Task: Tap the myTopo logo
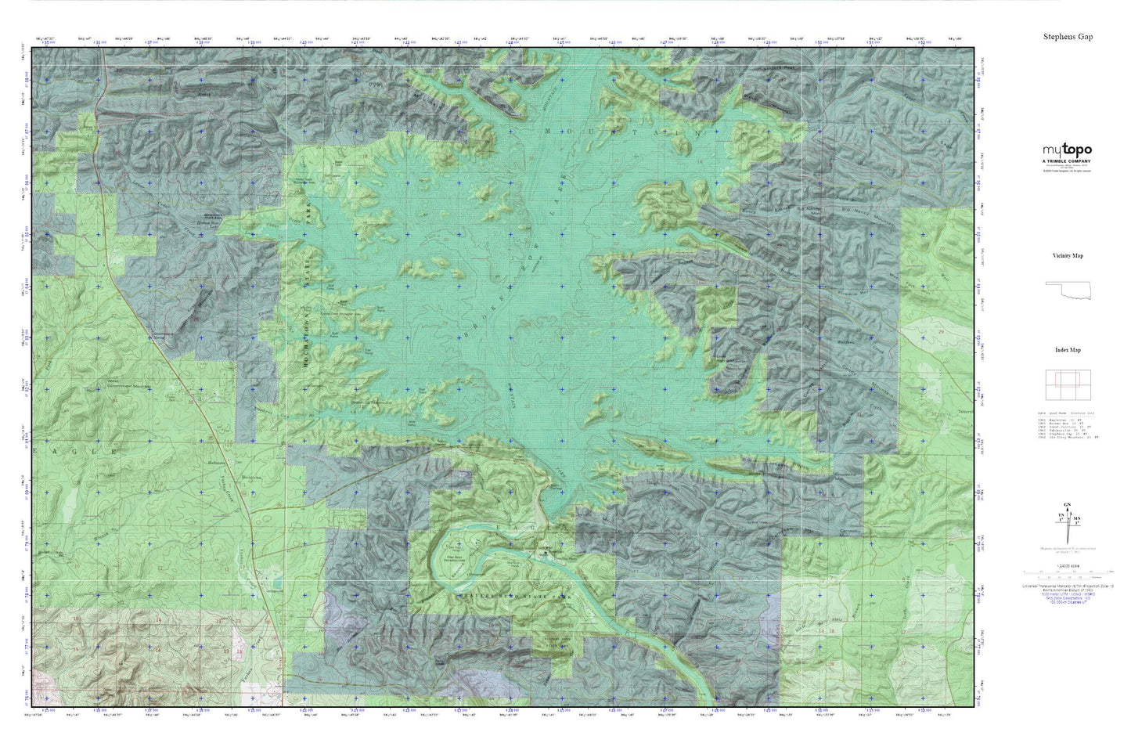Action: (x=1066, y=150)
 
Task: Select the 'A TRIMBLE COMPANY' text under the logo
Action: (x=1066, y=161)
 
